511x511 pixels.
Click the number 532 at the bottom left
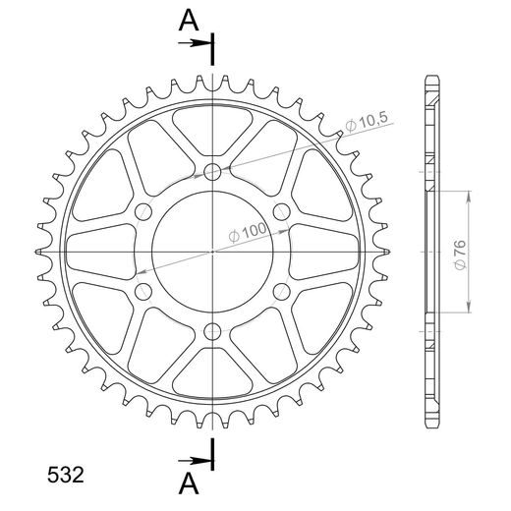66,475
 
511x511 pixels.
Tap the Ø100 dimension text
248,232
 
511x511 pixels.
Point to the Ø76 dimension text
460,255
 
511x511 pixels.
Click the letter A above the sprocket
189,21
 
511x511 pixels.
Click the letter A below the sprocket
189,484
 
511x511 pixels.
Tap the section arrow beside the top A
194,43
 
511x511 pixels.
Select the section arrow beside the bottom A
194,461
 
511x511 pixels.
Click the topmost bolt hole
212,171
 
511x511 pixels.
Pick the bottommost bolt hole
212,332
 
